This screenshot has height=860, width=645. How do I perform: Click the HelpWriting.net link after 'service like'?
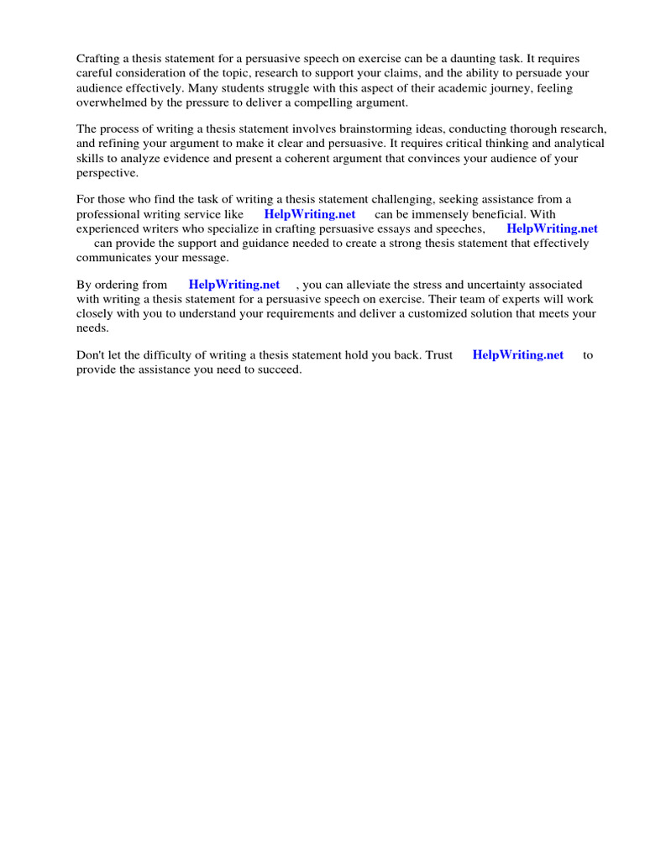click(x=310, y=214)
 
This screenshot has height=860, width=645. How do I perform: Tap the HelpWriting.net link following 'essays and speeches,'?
click(x=552, y=228)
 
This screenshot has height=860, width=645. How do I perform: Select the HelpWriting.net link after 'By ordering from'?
click(x=234, y=285)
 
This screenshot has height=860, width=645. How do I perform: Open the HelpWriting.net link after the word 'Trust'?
click(x=518, y=355)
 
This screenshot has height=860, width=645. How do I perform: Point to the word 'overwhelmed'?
click(x=111, y=102)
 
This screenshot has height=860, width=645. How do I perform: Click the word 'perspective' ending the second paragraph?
click(x=107, y=172)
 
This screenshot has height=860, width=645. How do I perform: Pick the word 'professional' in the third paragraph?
click(x=109, y=214)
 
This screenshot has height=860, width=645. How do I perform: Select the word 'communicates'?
click(x=114, y=257)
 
